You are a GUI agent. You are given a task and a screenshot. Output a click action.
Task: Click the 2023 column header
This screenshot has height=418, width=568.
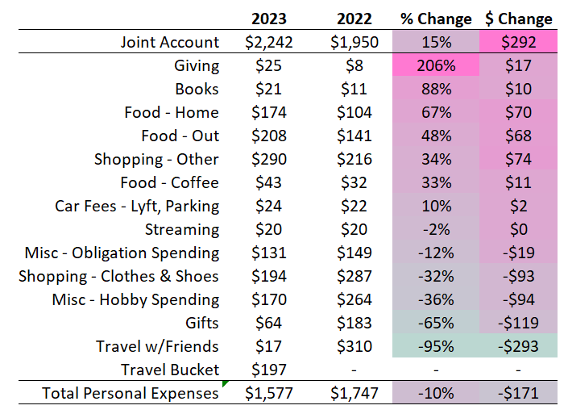[269, 19]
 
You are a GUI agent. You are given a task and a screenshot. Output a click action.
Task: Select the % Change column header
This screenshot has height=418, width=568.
[436, 19]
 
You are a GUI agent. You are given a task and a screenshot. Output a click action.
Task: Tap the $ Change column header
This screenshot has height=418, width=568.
[519, 19]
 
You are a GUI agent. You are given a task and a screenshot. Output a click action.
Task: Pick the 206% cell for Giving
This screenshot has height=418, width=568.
[436, 65]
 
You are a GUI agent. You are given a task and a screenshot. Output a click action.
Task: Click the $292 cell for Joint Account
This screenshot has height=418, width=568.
[519, 42]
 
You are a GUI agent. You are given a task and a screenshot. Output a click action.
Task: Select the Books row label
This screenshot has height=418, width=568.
[197, 89]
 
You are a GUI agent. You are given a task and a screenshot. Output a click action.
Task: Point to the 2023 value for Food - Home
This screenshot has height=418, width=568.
[269, 112]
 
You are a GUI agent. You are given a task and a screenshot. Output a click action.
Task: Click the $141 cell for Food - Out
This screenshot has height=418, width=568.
[351, 136]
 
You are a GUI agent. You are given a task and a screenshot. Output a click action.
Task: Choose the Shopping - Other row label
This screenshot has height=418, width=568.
[156, 159]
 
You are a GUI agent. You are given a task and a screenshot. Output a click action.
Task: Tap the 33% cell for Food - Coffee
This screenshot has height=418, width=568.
[436, 182]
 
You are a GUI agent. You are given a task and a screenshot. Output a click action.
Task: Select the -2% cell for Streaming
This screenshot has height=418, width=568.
[436, 229]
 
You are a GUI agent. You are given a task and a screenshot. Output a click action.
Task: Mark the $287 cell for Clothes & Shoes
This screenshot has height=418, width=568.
[351, 276]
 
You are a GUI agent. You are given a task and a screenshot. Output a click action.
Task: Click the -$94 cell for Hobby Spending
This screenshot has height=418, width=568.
[519, 299]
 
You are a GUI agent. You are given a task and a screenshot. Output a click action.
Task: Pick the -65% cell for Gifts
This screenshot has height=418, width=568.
[436, 323]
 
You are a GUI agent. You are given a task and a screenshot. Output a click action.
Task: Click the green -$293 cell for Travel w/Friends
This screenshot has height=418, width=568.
[519, 346]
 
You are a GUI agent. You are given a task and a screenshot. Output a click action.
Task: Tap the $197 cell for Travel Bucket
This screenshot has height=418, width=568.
[269, 370]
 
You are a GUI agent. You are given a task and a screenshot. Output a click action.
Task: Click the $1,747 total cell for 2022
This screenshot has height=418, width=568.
[351, 394]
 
